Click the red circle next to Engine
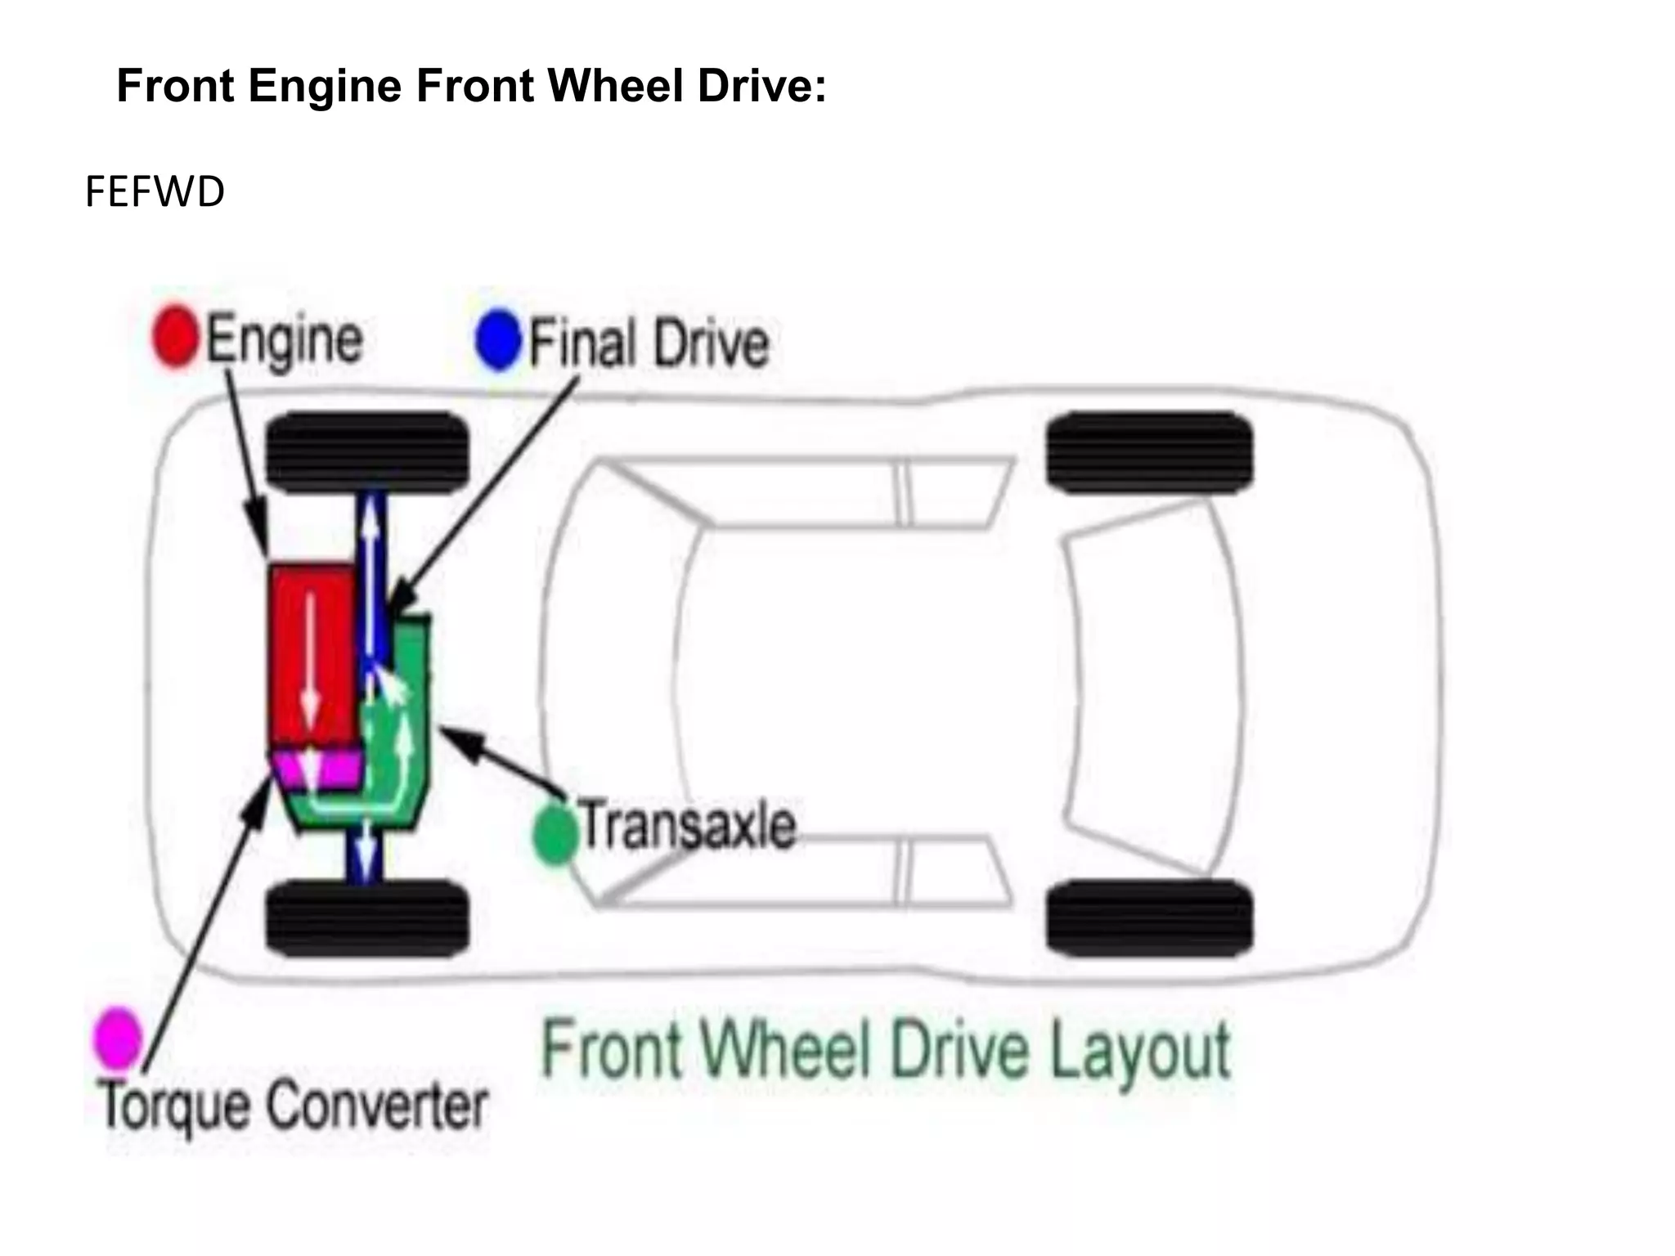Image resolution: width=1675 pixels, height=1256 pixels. tap(175, 336)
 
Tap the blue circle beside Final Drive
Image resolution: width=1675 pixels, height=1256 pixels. tap(497, 340)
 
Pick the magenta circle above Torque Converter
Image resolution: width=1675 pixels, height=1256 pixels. tap(118, 1038)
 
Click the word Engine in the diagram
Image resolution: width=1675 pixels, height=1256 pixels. tap(284, 340)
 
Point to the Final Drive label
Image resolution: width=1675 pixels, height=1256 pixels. tap(649, 343)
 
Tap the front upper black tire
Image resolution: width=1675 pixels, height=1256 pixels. tap(368, 452)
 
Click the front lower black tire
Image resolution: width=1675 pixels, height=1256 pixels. tap(368, 917)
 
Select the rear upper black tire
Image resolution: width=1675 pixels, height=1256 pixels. tap(1149, 452)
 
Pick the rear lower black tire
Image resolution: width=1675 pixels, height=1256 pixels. tap(1149, 917)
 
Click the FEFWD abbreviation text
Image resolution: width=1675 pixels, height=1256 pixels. tap(155, 193)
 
